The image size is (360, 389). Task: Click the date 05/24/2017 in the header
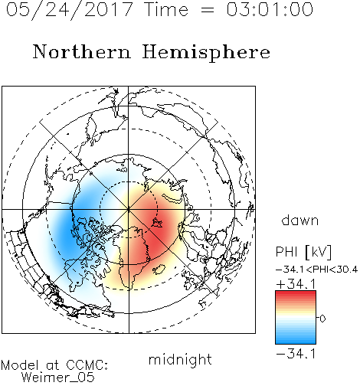pyautogui.click(x=69, y=10)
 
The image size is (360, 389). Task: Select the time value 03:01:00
pyautogui.click(x=270, y=9)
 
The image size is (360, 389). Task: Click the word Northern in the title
pyautogui.click(x=82, y=51)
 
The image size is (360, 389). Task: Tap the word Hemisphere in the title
pyautogui.click(x=206, y=53)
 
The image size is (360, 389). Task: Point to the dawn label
pyautogui.click(x=300, y=220)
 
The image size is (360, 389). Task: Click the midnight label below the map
pyautogui.click(x=180, y=360)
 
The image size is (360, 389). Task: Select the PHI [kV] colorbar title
pyautogui.click(x=303, y=252)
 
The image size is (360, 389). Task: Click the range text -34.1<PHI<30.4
pyautogui.click(x=316, y=270)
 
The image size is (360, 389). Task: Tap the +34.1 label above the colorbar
pyautogui.click(x=296, y=284)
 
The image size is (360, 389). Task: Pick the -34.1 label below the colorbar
pyautogui.click(x=296, y=354)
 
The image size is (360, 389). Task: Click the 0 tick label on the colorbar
pyautogui.click(x=322, y=319)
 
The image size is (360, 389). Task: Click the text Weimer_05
pyautogui.click(x=58, y=378)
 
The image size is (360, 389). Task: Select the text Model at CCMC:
pyautogui.click(x=54, y=365)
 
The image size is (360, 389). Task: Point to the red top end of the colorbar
pyautogui.click(x=296, y=293)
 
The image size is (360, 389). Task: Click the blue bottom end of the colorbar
pyautogui.click(x=296, y=342)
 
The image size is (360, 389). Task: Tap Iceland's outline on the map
pyautogui.click(x=159, y=270)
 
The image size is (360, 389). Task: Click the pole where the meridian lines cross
pyautogui.click(x=129, y=209)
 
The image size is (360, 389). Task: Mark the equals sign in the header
pyautogui.click(x=208, y=10)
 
